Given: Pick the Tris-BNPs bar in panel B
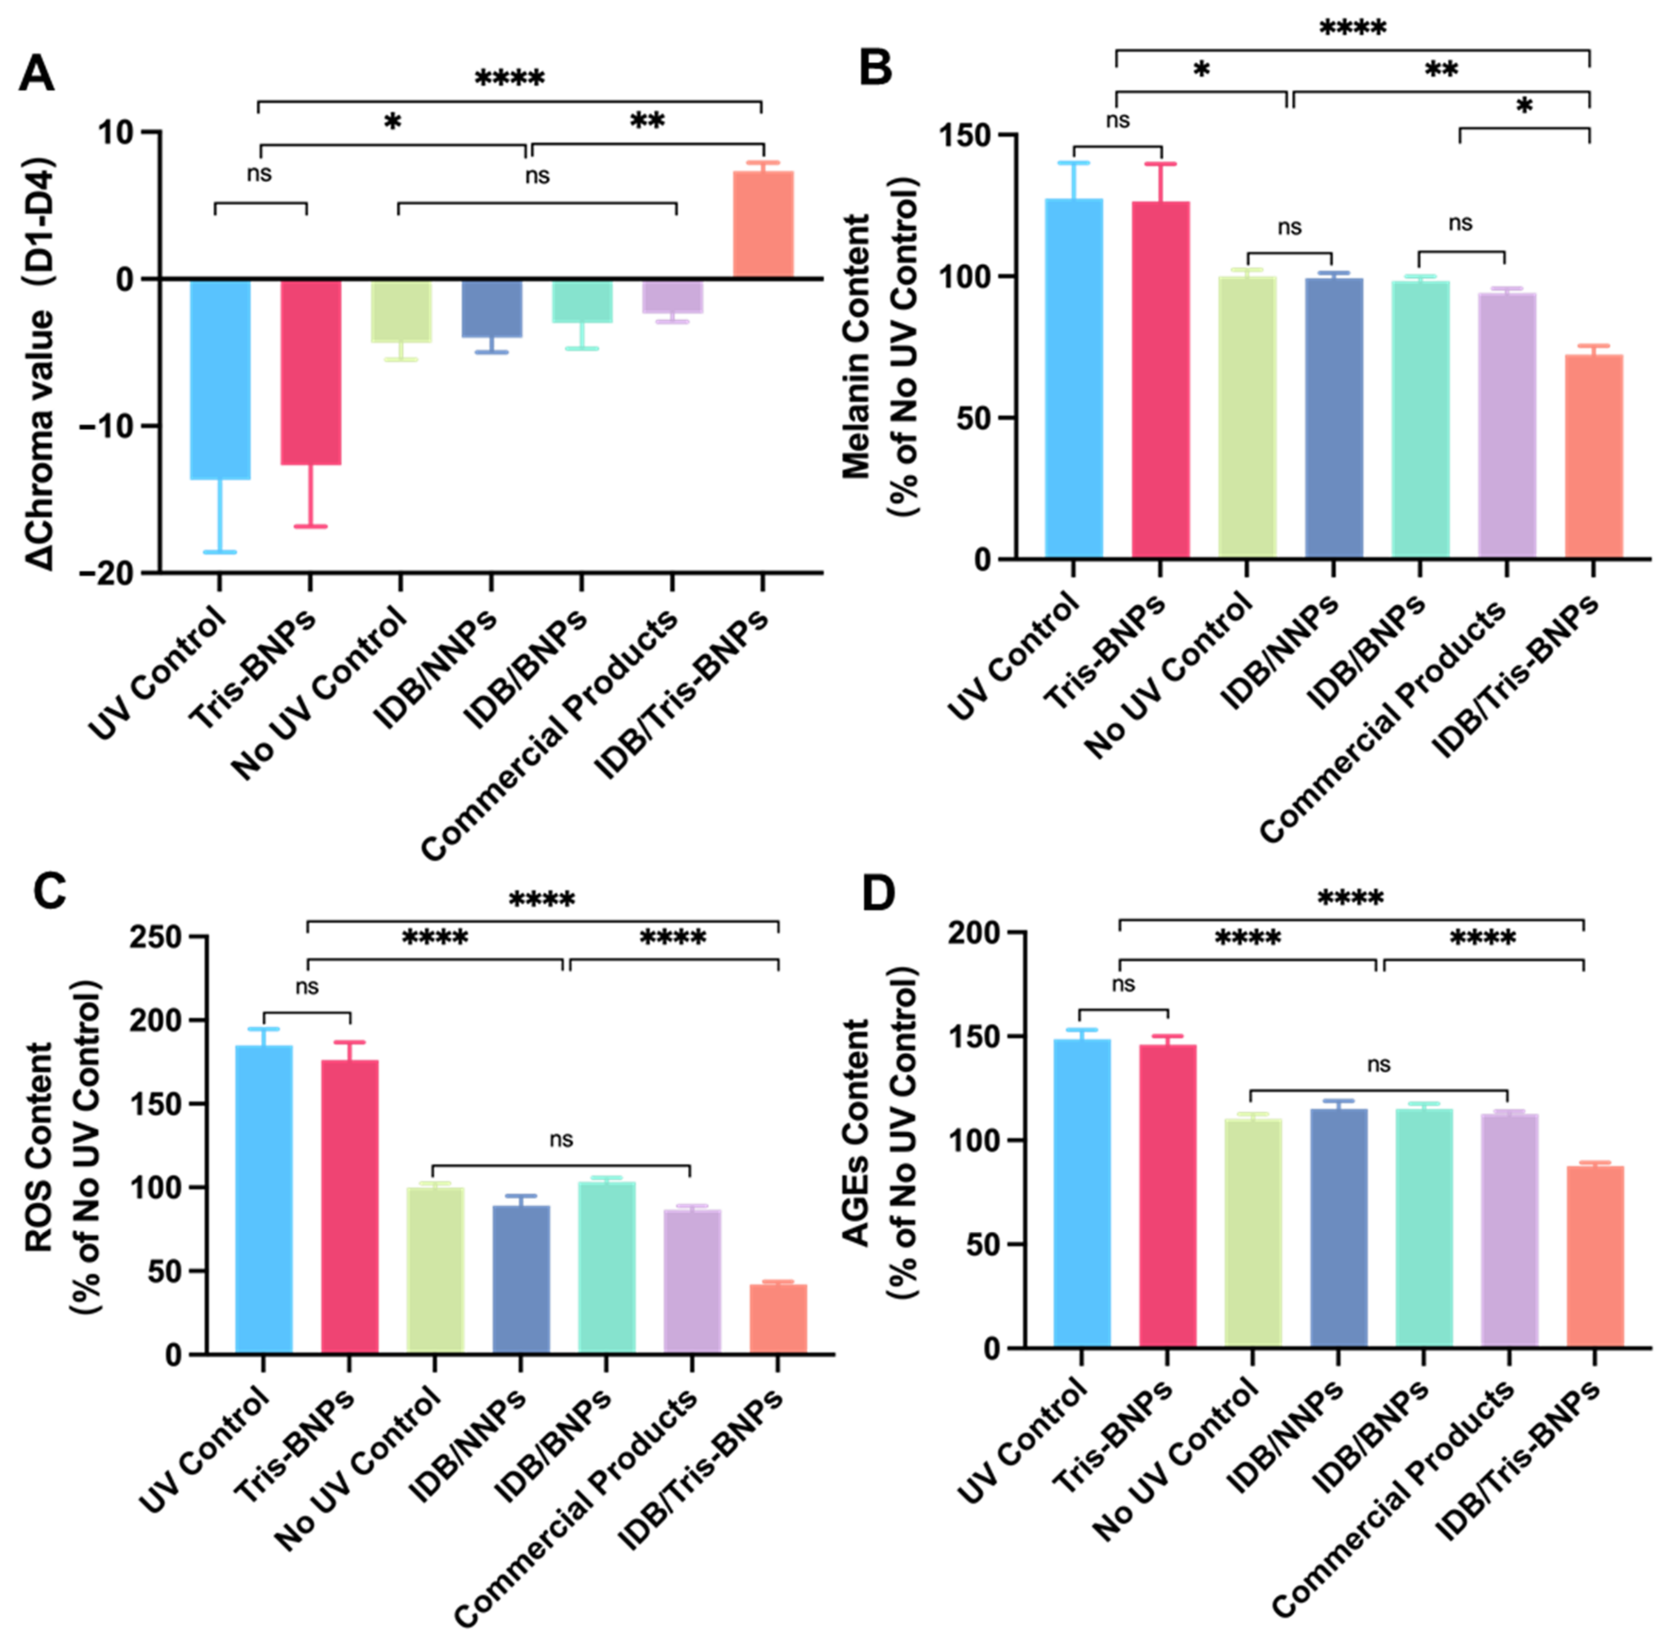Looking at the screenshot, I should (x=1160, y=379).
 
